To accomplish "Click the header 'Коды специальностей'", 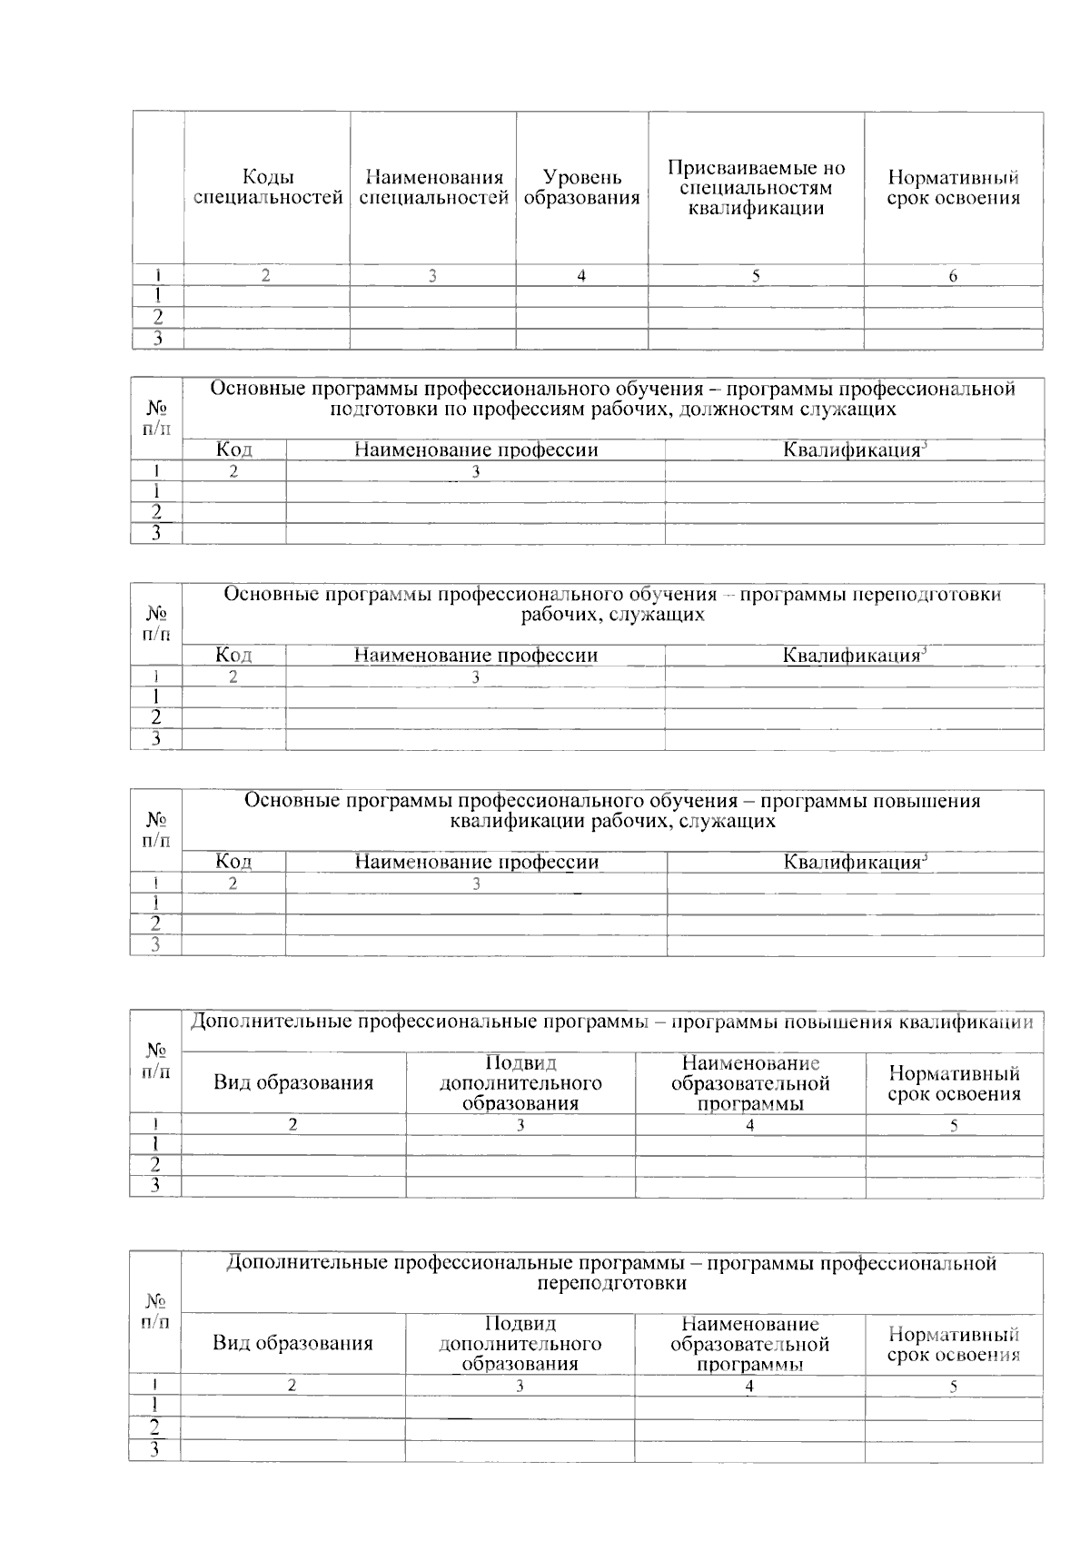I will coord(268,188).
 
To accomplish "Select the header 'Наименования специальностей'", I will coord(433,188).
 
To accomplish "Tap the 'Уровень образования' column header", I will coord(581,188).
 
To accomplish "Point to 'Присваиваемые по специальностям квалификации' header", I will coord(756,188).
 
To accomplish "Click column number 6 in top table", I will coord(953,276).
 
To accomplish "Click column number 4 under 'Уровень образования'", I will coord(581,276).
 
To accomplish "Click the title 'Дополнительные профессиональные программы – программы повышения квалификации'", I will coord(610,1022).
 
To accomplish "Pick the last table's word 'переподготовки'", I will coord(611,1283).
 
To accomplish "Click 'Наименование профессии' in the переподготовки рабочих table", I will coord(475,655).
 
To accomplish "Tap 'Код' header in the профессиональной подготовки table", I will coord(233,449).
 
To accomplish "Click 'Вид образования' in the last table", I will coord(292,1343).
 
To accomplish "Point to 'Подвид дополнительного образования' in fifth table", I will coord(520,1082).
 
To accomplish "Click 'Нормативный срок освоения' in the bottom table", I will coord(954,1344).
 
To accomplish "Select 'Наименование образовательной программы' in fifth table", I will coord(750,1082).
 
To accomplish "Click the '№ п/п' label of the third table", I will coord(156,623).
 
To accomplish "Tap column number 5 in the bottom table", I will coord(953,1387).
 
